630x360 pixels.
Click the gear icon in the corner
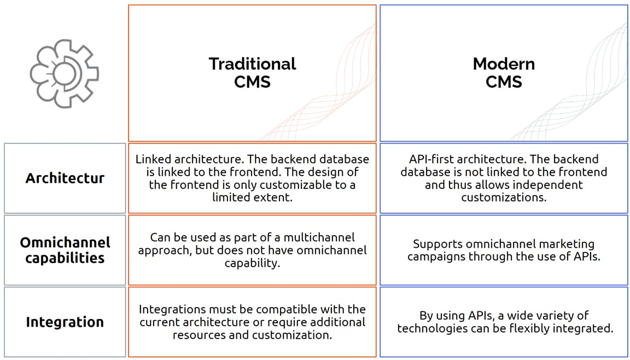(x=64, y=73)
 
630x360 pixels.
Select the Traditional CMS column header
(x=252, y=73)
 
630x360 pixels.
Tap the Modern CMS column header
(x=504, y=73)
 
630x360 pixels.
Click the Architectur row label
(x=65, y=178)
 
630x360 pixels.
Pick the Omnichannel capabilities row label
(x=65, y=250)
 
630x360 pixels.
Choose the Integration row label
(x=65, y=322)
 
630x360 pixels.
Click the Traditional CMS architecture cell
(x=252, y=178)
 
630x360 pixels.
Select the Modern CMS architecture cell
(x=504, y=178)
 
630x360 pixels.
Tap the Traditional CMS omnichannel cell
(x=252, y=250)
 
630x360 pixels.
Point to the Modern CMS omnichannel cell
(x=504, y=250)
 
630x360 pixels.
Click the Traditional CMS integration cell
(x=252, y=322)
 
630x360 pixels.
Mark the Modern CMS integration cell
(x=504, y=322)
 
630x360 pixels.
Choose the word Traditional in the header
(x=252, y=64)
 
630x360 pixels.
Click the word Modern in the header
(x=504, y=64)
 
